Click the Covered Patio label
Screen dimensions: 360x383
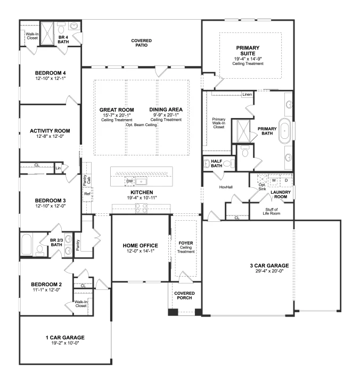click(141, 43)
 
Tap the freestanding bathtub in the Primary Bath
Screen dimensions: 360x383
click(284, 131)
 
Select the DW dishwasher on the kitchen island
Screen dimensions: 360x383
click(129, 181)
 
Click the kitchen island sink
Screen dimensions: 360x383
click(141, 181)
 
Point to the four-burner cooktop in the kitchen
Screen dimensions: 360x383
click(141, 208)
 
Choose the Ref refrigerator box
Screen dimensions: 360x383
click(87, 194)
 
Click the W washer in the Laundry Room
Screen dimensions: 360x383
click(274, 180)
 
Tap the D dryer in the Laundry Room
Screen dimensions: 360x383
click(286, 180)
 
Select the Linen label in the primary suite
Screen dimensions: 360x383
click(247, 94)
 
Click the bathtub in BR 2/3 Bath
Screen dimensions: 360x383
click(27, 245)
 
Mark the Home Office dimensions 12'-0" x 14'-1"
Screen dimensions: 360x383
click(141, 251)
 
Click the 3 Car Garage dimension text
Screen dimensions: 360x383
click(269, 271)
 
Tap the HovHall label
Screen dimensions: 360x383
click(226, 187)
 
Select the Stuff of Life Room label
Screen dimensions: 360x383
click(272, 211)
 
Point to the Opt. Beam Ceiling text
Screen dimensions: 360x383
click(141, 125)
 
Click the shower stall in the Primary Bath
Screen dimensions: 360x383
click(244, 131)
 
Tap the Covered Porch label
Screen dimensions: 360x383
click(184, 296)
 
